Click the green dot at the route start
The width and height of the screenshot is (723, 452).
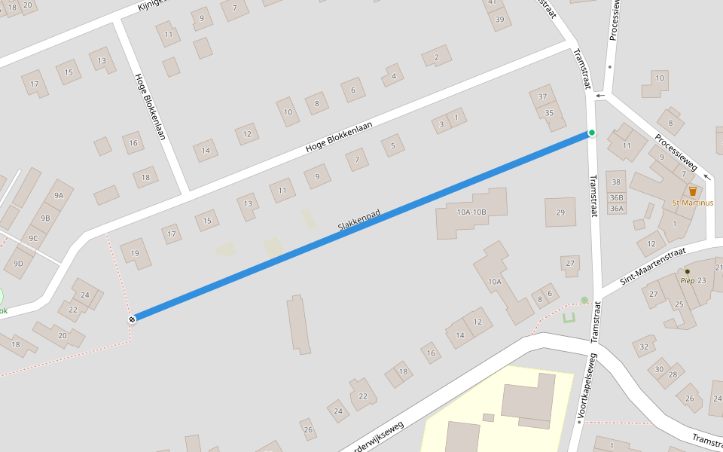pyautogui.click(x=592, y=133)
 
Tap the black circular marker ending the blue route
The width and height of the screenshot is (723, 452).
pyautogui.click(x=132, y=319)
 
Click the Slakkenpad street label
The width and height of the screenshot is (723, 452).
pyautogui.click(x=358, y=220)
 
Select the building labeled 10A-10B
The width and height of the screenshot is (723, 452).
pyautogui.click(x=471, y=212)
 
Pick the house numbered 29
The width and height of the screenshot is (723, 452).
pyautogui.click(x=560, y=212)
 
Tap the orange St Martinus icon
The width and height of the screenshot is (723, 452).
pyautogui.click(x=693, y=191)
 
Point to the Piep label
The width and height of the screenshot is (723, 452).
pyautogui.click(x=687, y=280)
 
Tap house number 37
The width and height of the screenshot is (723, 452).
pyautogui.click(x=542, y=96)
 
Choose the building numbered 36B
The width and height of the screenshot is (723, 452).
pyautogui.click(x=617, y=197)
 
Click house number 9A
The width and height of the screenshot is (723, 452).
pyautogui.click(x=59, y=194)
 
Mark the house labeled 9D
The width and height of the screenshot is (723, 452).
pyautogui.click(x=18, y=263)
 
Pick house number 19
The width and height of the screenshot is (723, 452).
pyautogui.click(x=135, y=253)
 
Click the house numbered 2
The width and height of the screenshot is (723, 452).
pyautogui.click(x=436, y=57)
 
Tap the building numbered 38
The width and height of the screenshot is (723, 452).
pyautogui.click(x=617, y=182)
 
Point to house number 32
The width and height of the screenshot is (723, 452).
pyautogui.click(x=644, y=347)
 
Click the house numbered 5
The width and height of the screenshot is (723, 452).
pyautogui.click(x=392, y=145)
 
